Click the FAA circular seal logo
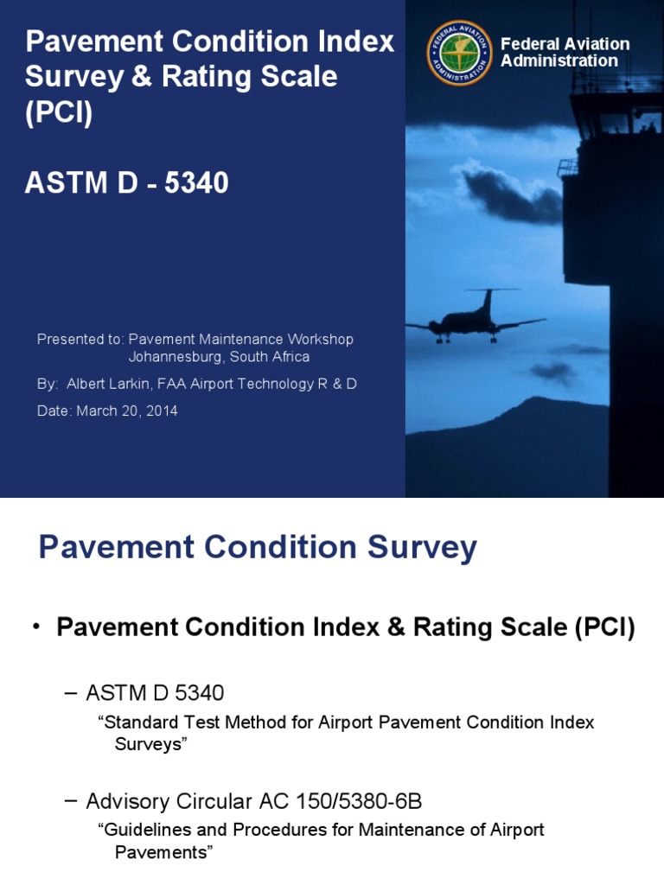(459, 53)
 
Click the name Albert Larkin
(107, 384)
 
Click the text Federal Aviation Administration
(565, 52)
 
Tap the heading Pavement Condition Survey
(258, 548)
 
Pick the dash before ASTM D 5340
(71, 692)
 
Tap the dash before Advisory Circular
(71, 801)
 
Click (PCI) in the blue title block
(58, 113)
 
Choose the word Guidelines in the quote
(141, 830)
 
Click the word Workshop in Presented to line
(322, 340)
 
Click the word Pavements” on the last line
(163, 852)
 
